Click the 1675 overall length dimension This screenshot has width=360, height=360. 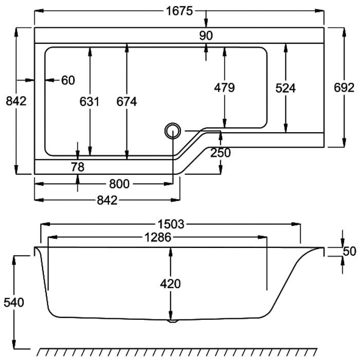tap(179, 11)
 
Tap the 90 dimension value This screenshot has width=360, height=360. tap(206, 35)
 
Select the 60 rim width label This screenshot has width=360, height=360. tap(68, 80)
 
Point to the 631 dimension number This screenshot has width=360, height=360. tap(89, 101)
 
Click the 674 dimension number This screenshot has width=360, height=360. tap(127, 101)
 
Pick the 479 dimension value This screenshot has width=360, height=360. tap(224, 87)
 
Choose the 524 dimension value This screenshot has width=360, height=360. tap(285, 88)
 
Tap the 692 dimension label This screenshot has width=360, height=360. tap(344, 87)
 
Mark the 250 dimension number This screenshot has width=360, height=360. tap(221, 153)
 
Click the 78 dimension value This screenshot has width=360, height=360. tap(78, 167)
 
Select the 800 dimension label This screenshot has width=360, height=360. tap(119, 184)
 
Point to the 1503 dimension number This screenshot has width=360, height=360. tap(171, 224)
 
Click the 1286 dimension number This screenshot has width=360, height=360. tap(158, 237)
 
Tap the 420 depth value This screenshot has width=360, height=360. tap(170, 284)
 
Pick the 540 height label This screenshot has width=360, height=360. tap(14, 302)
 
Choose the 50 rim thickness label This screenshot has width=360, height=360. tap(349, 251)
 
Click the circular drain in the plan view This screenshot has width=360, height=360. tap(173, 131)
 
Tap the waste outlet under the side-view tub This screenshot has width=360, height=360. tap(173, 321)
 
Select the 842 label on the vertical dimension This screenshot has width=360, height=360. tap(16, 101)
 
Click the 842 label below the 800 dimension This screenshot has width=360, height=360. tap(107, 201)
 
